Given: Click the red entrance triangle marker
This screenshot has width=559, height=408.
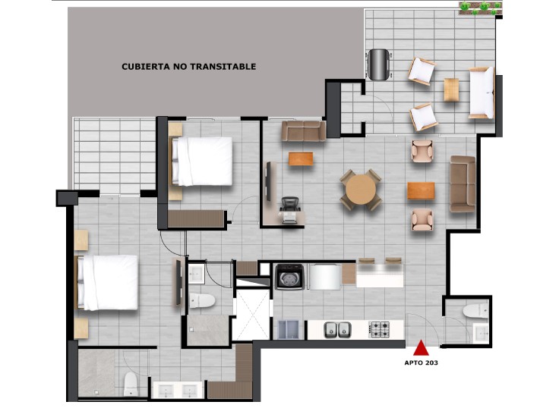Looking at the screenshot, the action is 421,348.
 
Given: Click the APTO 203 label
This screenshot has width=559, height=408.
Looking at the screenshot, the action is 421,362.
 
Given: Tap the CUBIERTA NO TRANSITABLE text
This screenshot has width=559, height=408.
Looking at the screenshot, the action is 189,67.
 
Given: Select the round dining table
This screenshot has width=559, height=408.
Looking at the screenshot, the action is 361,189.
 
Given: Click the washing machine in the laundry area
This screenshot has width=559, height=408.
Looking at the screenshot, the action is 289,277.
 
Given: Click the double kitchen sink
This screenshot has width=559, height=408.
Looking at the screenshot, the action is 338,330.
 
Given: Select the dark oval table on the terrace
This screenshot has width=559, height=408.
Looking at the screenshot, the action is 378,64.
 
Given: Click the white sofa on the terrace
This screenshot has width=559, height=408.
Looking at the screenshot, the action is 482,93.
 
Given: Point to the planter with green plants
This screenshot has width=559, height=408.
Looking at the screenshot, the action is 481,8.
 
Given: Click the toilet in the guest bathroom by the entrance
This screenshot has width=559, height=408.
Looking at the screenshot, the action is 476,311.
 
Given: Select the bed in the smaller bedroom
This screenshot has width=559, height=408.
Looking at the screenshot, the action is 202,162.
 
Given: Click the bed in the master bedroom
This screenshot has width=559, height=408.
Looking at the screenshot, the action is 107,282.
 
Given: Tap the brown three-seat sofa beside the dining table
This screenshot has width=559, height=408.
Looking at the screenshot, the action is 463,184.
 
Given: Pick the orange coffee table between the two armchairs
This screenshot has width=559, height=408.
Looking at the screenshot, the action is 421,190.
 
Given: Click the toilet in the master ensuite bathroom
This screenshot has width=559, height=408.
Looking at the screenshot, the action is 131,384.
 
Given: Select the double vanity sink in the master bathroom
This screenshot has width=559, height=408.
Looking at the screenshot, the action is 178,390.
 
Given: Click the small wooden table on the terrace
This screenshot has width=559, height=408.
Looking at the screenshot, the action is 451,89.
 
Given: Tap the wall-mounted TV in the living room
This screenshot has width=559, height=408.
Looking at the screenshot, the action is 268,181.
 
